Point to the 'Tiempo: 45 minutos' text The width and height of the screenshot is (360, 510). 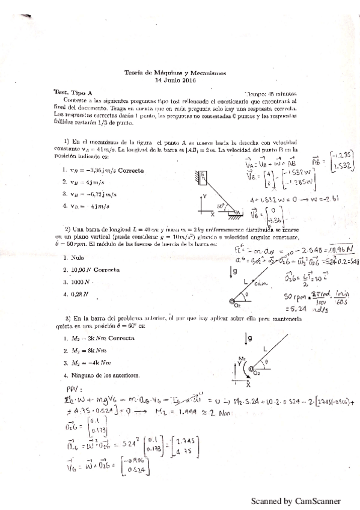click(279, 94)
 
